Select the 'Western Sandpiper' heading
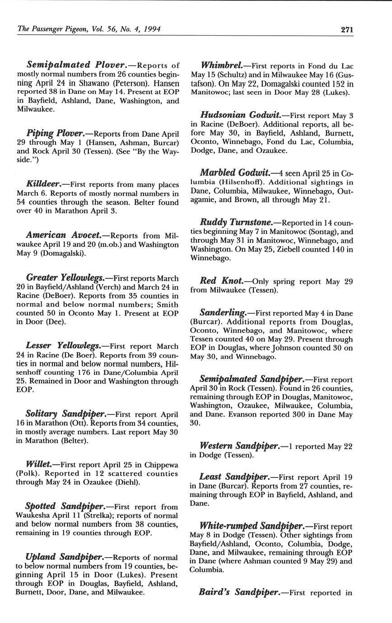pos(239,446)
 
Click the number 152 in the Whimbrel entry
pos(337,84)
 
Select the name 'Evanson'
pos(222,414)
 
